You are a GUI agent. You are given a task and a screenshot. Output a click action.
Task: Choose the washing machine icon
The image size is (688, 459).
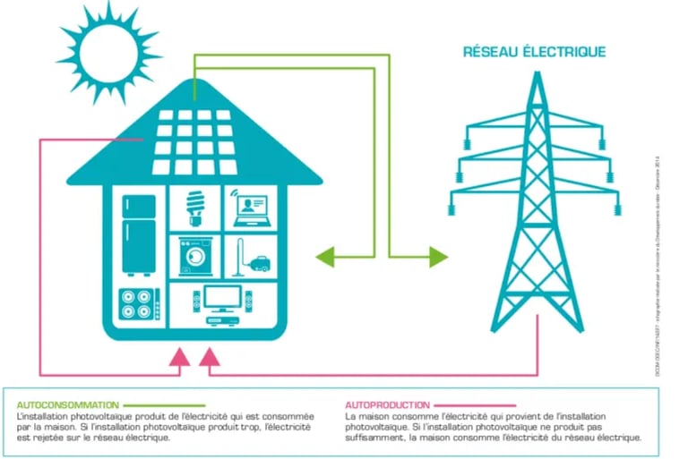coord(192,255)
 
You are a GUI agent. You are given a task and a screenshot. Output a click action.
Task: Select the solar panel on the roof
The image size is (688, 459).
coord(193,140)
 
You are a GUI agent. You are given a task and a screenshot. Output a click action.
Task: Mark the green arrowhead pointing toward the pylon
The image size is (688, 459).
coord(437,257)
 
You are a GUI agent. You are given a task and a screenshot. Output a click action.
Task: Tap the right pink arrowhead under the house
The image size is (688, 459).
coord(209,359)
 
